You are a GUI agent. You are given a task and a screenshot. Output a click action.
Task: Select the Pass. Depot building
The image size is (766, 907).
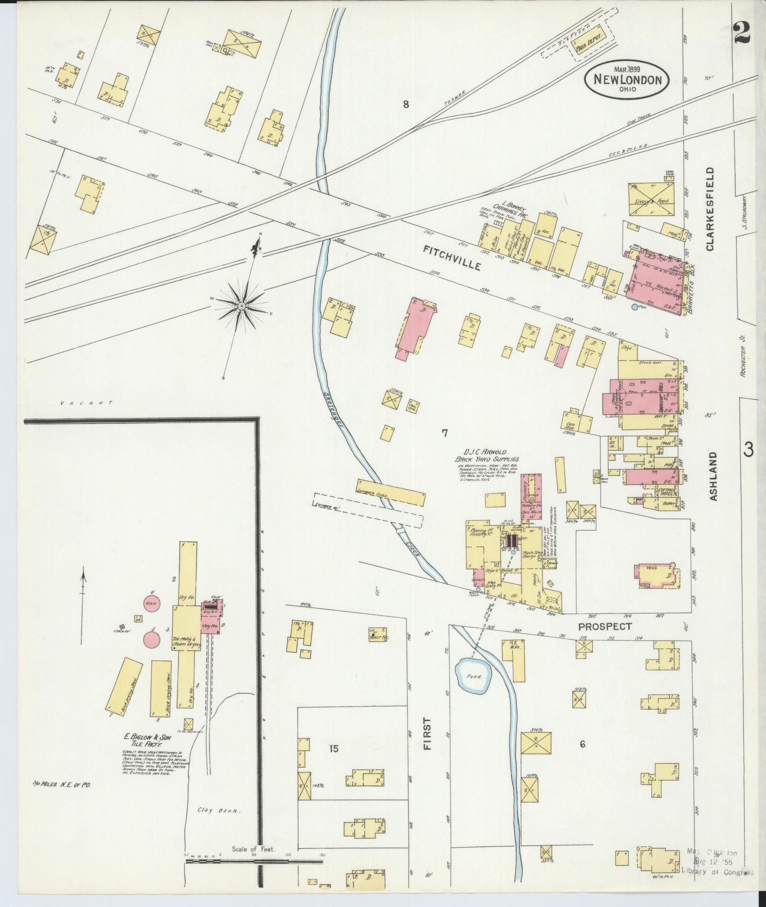[x=589, y=46]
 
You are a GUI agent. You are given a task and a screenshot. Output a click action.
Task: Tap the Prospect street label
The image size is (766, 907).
[x=605, y=626]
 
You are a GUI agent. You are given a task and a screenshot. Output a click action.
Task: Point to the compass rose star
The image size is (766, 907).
[x=241, y=306]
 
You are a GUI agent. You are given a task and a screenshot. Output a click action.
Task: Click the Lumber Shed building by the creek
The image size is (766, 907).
[x=391, y=492]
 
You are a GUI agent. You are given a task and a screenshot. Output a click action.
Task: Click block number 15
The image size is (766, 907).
[x=334, y=748]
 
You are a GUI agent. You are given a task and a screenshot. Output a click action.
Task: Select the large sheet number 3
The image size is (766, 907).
[x=748, y=449]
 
